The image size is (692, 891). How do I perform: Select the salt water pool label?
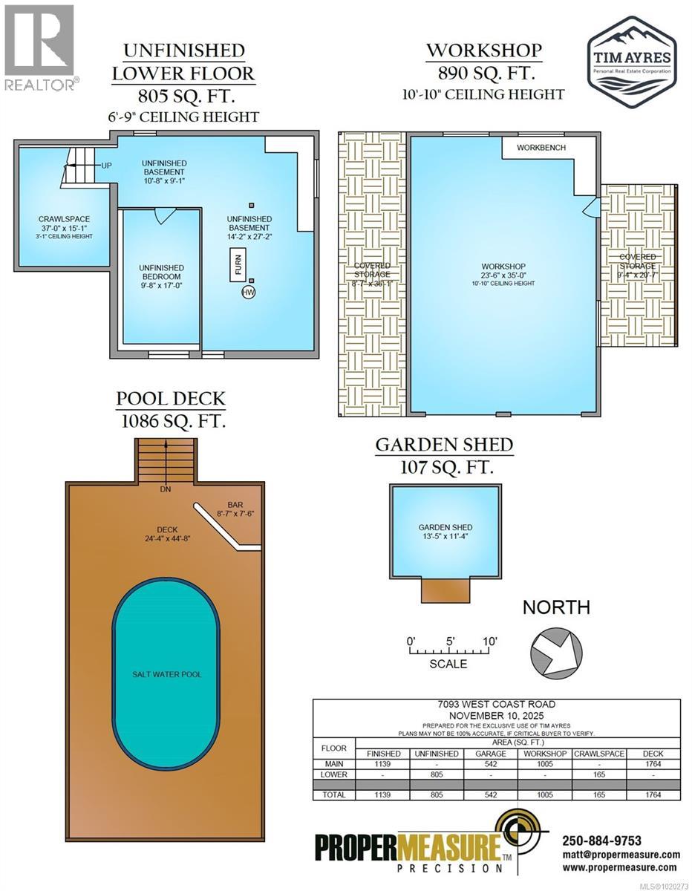(x=166, y=674)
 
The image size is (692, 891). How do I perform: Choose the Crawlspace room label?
(x=64, y=219)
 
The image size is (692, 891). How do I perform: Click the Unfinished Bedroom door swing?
(x=164, y=217)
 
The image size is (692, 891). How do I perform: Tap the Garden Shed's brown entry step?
(x=445, y=591)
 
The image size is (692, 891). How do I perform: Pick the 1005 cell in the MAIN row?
(x=545, y=763)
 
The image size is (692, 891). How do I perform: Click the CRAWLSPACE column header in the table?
(x=599, y=753)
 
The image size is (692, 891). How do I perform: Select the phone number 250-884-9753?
(x=601, y=841)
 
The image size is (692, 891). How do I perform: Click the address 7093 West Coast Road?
(x=497, y=705)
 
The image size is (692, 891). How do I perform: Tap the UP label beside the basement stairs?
(x=106, y=165)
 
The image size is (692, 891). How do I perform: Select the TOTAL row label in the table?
(x=334, y=794)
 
